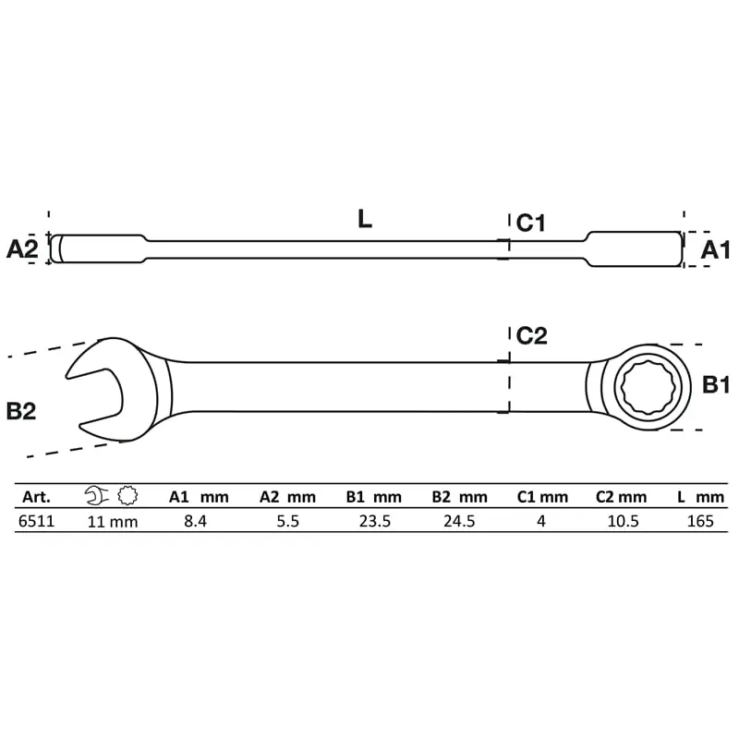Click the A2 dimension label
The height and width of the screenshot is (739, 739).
pos(21,248)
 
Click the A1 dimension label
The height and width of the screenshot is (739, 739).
pos(715,249)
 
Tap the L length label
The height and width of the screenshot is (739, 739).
pos(365,219)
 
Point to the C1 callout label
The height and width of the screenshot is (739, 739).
pos(530,223)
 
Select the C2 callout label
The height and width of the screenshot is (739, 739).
pos(532,335)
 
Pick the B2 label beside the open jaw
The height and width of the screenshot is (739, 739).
pos(21,411)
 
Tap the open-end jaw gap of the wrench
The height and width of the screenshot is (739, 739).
pos(94,395)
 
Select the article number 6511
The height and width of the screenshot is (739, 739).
pos(36,521)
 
